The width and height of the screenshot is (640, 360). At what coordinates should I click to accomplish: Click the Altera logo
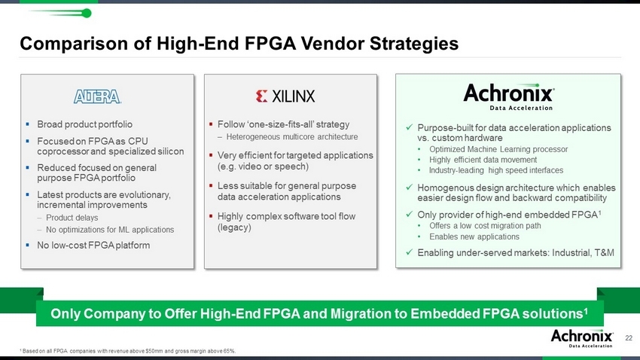[97, 96]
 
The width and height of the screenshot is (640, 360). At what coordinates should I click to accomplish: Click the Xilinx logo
[285, 96]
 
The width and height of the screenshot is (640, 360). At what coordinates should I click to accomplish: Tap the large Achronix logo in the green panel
[508, 96]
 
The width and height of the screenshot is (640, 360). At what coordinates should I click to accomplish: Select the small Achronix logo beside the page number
[581, 338]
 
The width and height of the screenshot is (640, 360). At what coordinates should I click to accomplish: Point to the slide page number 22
[629, 338]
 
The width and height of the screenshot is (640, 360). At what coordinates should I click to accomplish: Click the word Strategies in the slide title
[414, 44]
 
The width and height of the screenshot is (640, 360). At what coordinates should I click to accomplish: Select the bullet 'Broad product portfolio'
[84, 124]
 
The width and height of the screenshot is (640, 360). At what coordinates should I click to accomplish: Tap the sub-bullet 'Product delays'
[72, 218]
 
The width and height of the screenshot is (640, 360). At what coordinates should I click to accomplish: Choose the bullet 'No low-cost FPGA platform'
[93, 246]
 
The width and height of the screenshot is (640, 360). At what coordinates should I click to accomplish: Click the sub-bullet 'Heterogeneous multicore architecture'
[292, 137]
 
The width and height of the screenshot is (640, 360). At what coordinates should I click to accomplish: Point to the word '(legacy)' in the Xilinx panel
[234, 227]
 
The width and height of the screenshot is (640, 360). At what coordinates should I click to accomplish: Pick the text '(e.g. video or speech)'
[263, 166]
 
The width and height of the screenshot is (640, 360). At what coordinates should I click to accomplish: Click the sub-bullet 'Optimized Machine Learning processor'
[498, 149]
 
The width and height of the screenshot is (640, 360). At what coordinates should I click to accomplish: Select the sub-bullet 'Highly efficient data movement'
[483, 160]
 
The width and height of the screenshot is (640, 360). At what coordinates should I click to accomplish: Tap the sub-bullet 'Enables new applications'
[474, 236]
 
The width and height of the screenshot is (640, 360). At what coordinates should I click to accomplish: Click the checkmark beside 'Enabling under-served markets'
[410, 252]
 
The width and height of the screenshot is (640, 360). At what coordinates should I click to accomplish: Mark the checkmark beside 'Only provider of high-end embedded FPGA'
[410, 214]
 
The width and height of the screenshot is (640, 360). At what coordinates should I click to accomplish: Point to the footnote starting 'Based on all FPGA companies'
[128, 351]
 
